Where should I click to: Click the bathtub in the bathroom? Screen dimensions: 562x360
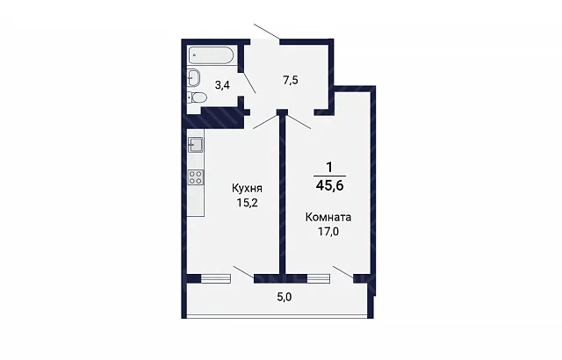point(211,56)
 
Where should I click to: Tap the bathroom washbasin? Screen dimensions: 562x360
point(193,77)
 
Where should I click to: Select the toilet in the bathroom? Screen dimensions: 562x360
point(197,97)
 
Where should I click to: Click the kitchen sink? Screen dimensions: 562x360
point(195,145)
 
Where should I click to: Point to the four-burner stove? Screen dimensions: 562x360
point(196,177)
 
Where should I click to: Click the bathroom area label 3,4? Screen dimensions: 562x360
point(222,85)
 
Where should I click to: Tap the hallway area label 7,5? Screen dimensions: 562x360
point(291,80)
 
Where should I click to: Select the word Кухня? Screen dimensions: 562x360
point(248,188)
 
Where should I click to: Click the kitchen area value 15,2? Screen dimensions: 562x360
point(248,203)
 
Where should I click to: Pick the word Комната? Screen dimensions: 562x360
point(328,217)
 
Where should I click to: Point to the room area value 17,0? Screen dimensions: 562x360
point(328,232)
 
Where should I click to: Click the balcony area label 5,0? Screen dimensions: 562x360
point(285,297)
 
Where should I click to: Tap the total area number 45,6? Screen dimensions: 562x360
point(330,185)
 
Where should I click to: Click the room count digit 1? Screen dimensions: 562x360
point(329,168)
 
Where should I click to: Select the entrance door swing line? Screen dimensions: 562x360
point(267,31)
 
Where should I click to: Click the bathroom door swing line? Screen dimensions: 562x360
point(249,82)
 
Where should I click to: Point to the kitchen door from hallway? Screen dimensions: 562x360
point(266,122)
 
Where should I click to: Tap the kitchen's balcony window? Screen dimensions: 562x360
point(215,278)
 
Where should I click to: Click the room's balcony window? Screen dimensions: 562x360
point(319,278)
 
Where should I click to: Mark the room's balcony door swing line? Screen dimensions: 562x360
point(343,271)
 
